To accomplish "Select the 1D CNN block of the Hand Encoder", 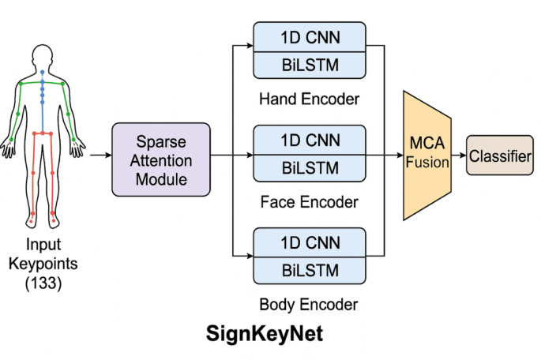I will click(x=309, y=37).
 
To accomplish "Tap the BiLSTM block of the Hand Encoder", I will click(x=309, y=66).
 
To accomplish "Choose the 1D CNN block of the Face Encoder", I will click(x=309, y=140).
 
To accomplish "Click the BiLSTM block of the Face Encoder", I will click(x=309, y=168).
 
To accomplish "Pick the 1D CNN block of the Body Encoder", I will click(x=309, y=242).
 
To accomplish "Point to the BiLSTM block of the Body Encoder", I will click(x=309, y=270).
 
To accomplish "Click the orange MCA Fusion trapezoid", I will click(x=427, y=155).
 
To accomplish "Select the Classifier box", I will click(x=500, y=156).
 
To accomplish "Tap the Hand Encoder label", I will click(x=309, y=100).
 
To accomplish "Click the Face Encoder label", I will click(x=309, y=202).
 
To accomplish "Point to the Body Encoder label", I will click(x=309, y=304).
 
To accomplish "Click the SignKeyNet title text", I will click(x=265, y=334).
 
